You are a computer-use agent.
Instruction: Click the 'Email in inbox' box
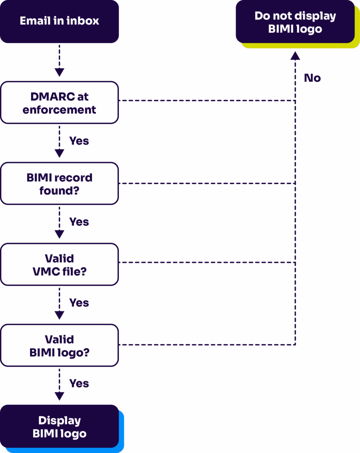pyautogui.click(x=59, y=21)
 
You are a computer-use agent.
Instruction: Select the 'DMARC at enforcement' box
pyautogui.click(x=59, y=103)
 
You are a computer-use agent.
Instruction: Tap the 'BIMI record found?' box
pyautogui.click(x=59, y=184)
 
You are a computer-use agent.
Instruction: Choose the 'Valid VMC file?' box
pyautogui.click(x=59, y=265)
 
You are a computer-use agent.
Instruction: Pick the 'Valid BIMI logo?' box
pyautogui.click(x=59, y=345)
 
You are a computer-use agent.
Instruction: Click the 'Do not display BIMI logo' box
pyautogui.click(x=295, y=22)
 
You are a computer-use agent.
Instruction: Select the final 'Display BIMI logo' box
pyautogui.click(x=59, y=427)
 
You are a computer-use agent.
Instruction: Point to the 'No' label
pyautogui.click(x=312, y=78)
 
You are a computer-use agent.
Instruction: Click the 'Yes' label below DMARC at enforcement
pyautogui.click(x=79, y=141)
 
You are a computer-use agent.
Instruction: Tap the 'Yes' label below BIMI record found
pyautogui.click(x=79, y=222)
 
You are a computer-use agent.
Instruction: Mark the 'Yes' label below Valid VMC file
pyautogui.click(x=79, y=303)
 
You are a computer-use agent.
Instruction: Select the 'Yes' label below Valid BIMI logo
pyautogui.click(x=79, y=384)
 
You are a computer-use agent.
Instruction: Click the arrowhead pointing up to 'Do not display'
pyautogui.click(x=295, y=56)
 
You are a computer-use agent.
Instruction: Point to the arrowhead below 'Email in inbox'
pyautogui.click(x=59, y=72)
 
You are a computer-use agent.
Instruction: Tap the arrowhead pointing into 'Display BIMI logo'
pyautogui.click(x=59, y=396)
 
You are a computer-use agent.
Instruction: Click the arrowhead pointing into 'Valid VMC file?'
pyautogui.click(x=59, y=234)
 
